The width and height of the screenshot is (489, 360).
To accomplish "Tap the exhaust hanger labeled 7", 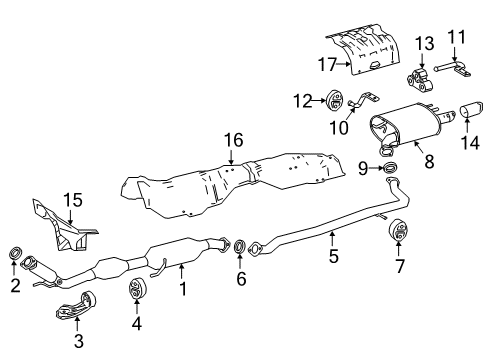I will tap(398, 232).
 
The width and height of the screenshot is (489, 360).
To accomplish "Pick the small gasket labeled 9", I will tap(390, 167).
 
